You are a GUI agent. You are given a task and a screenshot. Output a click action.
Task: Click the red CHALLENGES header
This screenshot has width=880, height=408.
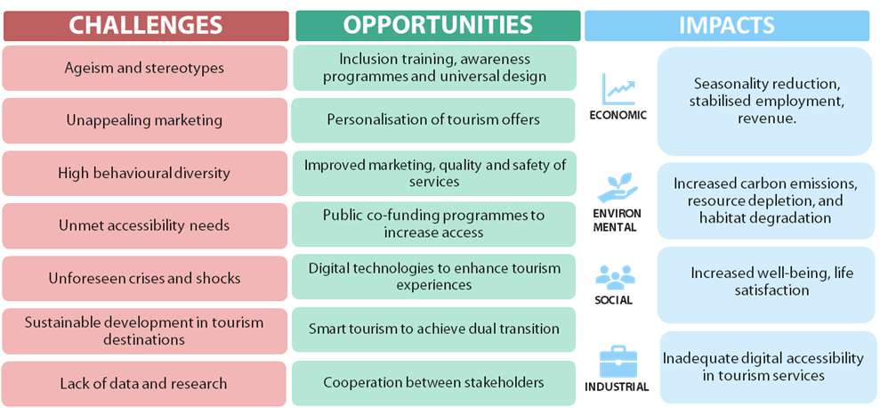click(146, 26)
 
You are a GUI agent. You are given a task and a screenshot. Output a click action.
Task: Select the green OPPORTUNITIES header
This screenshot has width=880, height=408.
click(438, 26)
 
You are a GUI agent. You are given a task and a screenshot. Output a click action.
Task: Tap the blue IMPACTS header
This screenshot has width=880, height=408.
click(727, 26)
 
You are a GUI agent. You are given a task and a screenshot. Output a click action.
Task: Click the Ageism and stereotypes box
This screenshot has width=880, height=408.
click(145, 68)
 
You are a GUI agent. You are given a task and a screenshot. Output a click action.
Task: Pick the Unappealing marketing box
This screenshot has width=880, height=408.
click(145, 120)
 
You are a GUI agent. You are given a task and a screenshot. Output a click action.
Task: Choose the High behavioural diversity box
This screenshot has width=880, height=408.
click(145, 173)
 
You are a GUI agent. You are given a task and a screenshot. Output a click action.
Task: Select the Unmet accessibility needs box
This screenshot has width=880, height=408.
click(145, 226)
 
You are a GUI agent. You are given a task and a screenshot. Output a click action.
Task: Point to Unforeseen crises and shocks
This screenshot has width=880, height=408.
click(145, 278)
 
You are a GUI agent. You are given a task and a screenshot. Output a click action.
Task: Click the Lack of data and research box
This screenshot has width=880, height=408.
click(145, 384)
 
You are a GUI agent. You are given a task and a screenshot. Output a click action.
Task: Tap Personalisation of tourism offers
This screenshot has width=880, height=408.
click(434, 120)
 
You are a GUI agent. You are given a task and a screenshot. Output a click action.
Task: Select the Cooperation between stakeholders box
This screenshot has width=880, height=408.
click(434, 383)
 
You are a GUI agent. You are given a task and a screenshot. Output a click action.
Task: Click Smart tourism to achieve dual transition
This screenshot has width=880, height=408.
click(434, 330)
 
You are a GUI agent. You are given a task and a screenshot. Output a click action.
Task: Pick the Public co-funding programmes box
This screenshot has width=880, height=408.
click(434, 224)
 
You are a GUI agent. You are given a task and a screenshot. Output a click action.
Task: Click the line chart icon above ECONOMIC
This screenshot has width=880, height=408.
click(618, 89)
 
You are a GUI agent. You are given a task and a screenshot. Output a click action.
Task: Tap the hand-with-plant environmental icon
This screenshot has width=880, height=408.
click(618, 188)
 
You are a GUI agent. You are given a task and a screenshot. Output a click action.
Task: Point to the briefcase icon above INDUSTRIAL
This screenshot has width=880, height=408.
click(618, 363)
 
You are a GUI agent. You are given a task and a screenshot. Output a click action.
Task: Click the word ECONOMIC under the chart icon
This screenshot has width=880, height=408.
click(618, 115)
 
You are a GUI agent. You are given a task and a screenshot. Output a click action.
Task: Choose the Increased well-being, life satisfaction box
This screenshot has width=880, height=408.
click(765, 285)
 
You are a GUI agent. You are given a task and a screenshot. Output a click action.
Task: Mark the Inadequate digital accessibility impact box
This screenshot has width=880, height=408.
click(768, 368)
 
